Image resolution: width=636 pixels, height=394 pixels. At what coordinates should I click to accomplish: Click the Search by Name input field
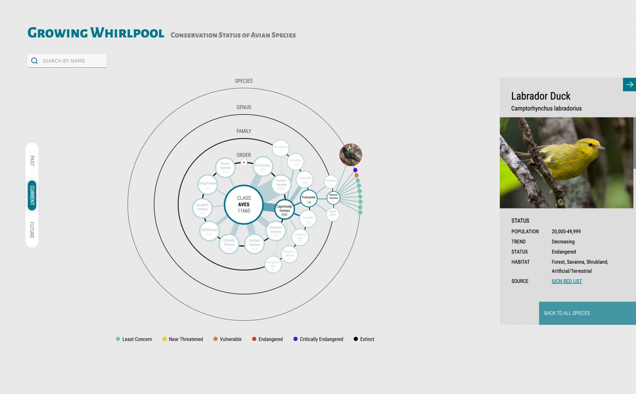coord(72,61)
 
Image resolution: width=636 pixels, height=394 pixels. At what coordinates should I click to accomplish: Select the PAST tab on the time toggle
coord(32,161)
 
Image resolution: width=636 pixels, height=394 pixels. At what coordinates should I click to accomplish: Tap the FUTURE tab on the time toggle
coord(32,230)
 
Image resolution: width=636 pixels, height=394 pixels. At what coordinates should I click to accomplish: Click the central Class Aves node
coord(244,204)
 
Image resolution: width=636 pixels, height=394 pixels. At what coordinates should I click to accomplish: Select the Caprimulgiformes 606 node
coord(284,210)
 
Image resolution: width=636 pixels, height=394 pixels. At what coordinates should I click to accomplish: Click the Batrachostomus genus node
coord(333,198)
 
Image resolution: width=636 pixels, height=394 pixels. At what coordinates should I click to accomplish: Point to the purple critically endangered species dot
coord(355,170)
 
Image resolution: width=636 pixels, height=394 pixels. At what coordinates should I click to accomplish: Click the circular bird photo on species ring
coord(351,155)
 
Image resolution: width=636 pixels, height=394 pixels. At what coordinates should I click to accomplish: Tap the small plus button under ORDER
coord(244,163)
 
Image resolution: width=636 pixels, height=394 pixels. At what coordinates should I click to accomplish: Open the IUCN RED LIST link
coord(567,281)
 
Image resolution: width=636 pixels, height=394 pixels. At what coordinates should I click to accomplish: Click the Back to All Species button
coord(587,313)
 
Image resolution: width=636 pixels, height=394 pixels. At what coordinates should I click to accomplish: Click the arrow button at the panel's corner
coord(629,85)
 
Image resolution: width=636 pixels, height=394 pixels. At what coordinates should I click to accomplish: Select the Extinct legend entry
coord(364,339)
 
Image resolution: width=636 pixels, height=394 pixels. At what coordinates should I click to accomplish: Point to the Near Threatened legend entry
coord(183,339)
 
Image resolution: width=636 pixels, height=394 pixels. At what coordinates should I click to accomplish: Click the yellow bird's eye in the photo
coord(590,145)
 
